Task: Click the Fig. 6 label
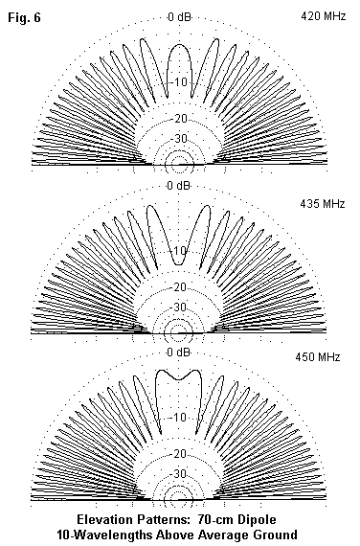[24, 17]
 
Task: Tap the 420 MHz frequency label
[323, 16]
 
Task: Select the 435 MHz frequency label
[323, 203]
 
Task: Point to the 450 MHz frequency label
[318, 357]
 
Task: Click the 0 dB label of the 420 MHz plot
[179, 16]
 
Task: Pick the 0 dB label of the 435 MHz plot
[179, 186]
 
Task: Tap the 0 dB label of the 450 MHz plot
[179, 353]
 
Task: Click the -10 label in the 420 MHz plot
[179, 82]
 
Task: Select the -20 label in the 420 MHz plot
[179, 119]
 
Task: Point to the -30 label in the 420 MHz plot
[179, 139]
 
